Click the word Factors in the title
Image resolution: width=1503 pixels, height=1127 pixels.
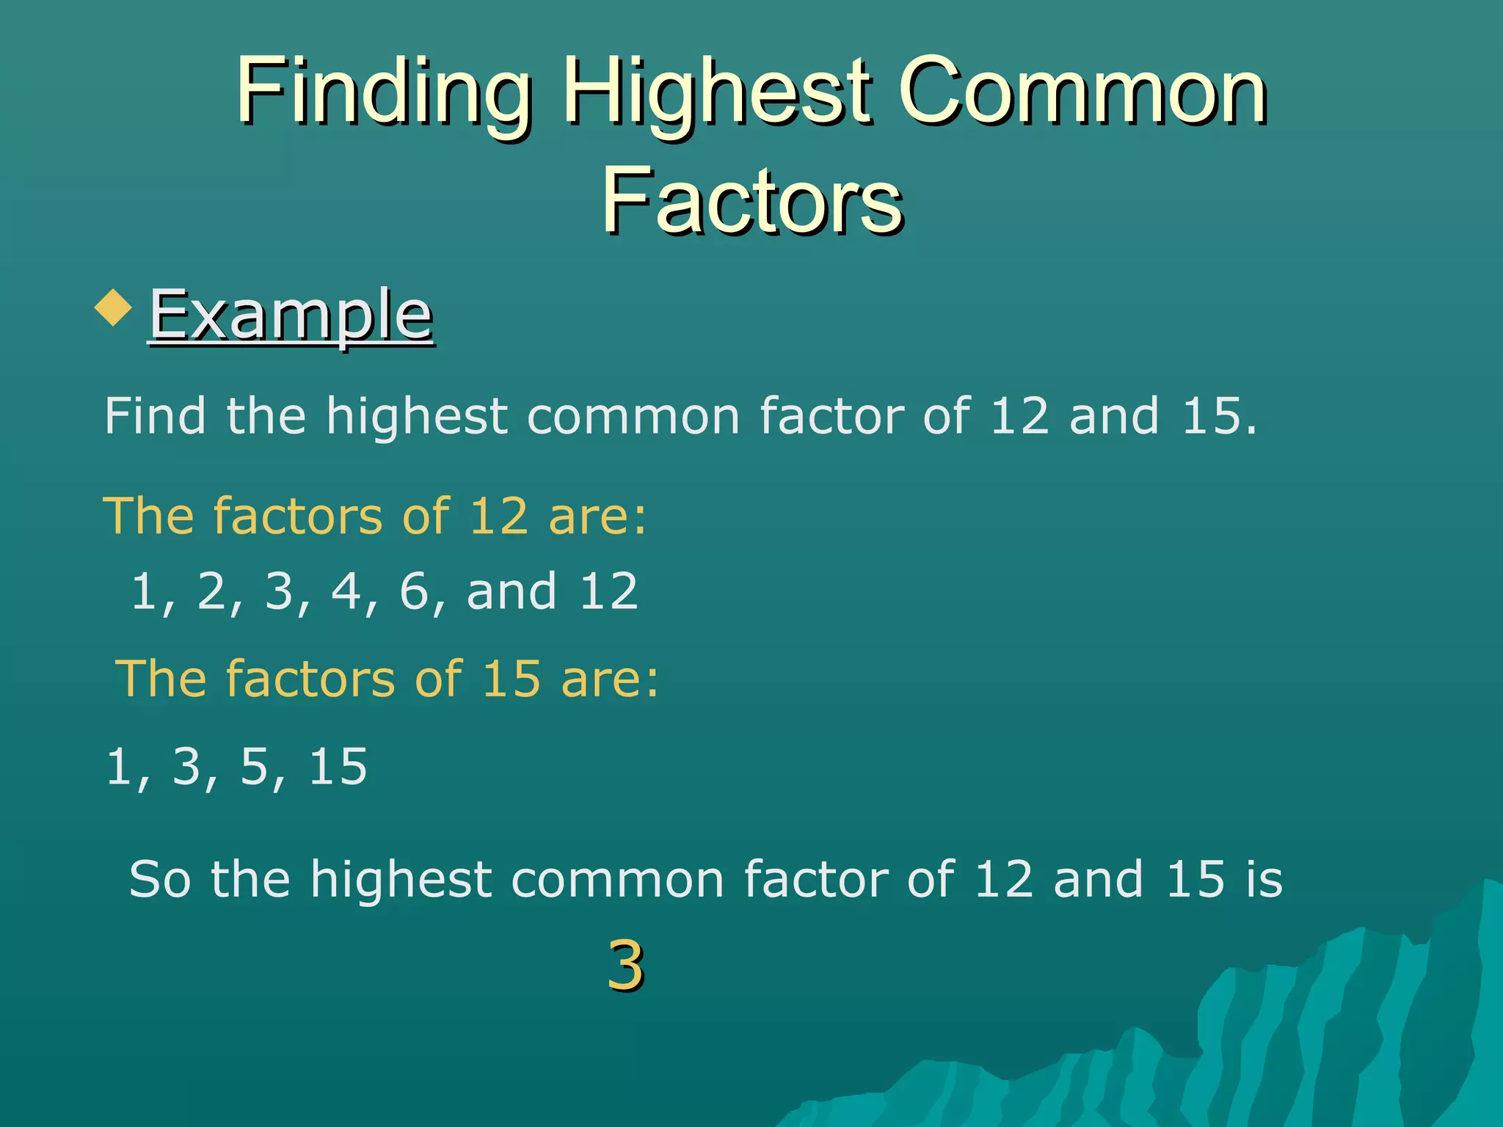tap(751, 200)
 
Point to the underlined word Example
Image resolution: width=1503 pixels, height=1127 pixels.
tap(291, 316)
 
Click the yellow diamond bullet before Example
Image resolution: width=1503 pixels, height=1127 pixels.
tap(113, 307)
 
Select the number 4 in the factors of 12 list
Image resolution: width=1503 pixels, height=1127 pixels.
tap(346, 591)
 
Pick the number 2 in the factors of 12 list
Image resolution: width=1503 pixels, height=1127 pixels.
tap(211, 591)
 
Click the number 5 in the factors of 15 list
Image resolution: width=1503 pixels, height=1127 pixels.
tap(255, 767)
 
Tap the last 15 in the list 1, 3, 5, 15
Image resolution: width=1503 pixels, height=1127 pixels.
tap(338, 767)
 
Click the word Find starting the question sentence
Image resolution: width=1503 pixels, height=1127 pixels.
tap(155, 415)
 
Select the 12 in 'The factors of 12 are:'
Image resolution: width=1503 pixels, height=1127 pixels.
tap(498, 515)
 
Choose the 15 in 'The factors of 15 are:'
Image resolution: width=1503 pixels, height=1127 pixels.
tap(512, 678)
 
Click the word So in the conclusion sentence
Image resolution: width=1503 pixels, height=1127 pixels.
tap(159, 879)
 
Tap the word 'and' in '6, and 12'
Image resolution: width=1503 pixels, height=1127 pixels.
tap(512, 591)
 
